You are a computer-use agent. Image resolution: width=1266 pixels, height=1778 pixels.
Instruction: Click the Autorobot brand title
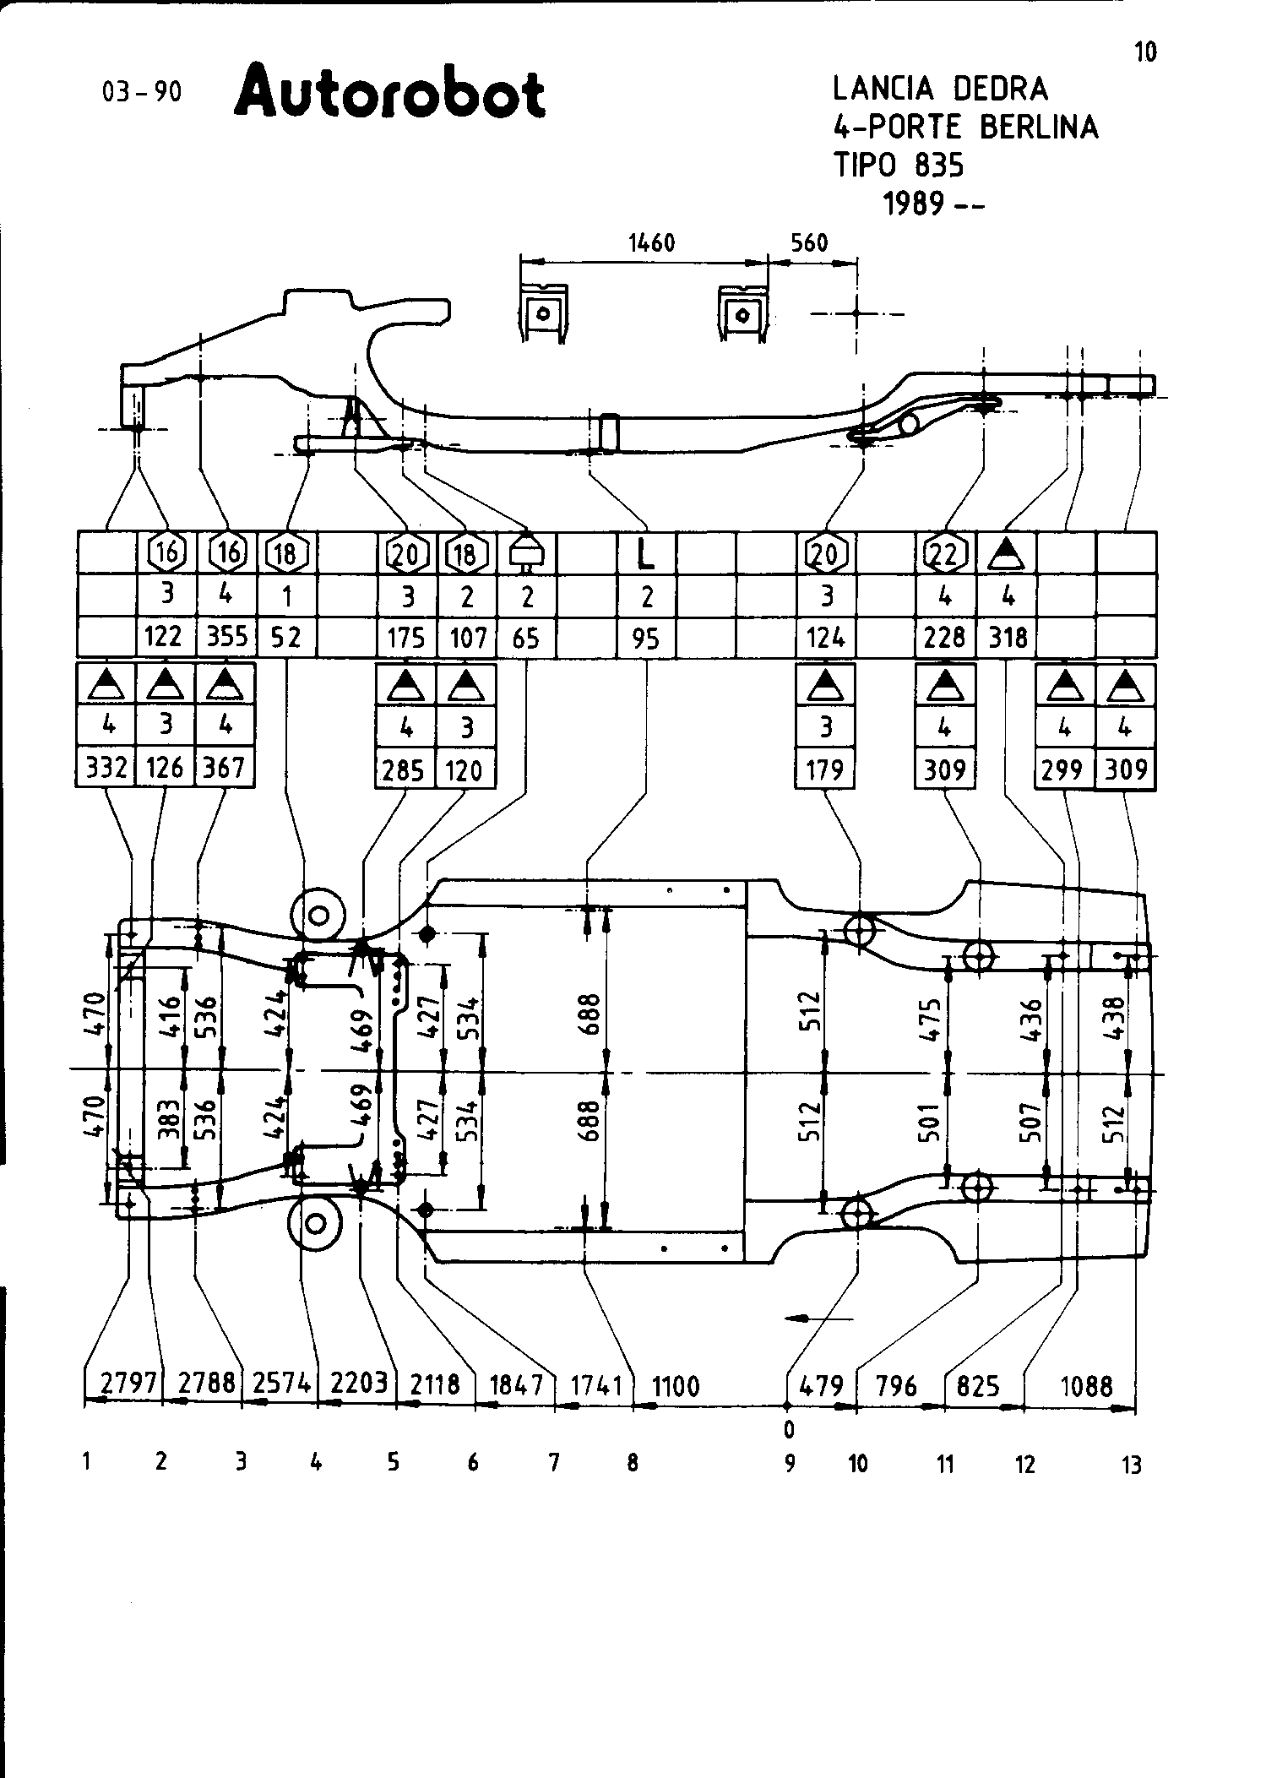(389, 95)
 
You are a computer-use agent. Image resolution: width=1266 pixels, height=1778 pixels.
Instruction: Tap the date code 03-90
(142, 92)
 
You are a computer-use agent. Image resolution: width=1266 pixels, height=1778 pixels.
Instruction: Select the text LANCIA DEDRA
(940, 88)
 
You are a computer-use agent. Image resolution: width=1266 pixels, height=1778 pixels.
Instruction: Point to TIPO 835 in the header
(899, 166)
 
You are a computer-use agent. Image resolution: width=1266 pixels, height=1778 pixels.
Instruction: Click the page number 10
(1144, 52)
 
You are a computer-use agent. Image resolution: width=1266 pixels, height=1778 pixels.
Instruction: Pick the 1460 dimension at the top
(652, 243)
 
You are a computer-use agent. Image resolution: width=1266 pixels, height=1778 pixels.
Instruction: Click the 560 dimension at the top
(809, 243)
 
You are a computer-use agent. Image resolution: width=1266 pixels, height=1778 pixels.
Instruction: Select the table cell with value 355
(227, 636)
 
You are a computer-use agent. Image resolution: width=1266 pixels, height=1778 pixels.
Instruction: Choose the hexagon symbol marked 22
(945, 553)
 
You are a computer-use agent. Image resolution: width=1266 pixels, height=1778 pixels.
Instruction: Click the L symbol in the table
(646, 554)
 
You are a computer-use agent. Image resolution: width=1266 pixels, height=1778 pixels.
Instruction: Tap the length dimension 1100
(676, 1386)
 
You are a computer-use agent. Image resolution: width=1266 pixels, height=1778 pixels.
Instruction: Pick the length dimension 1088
(1086, 1386)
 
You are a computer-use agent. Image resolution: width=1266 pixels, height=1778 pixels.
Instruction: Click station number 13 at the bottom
(1132, 1465)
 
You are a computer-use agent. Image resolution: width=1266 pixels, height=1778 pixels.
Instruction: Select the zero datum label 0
(789, 1429)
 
